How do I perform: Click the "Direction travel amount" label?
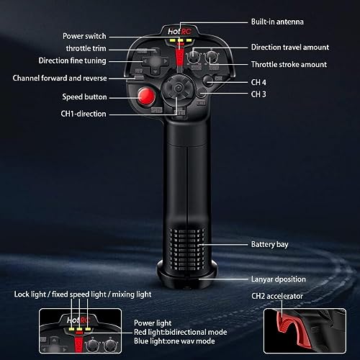pos(289,47)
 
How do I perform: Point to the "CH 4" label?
pos(258,82)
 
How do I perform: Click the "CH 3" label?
pos(258,94)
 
